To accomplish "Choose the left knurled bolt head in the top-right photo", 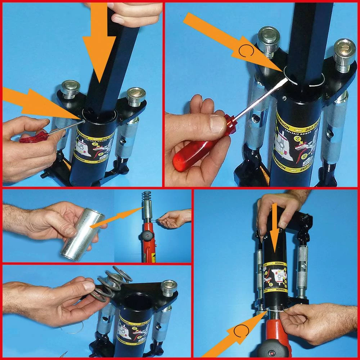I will point(269,41).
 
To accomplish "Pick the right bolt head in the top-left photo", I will point(136,95).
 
